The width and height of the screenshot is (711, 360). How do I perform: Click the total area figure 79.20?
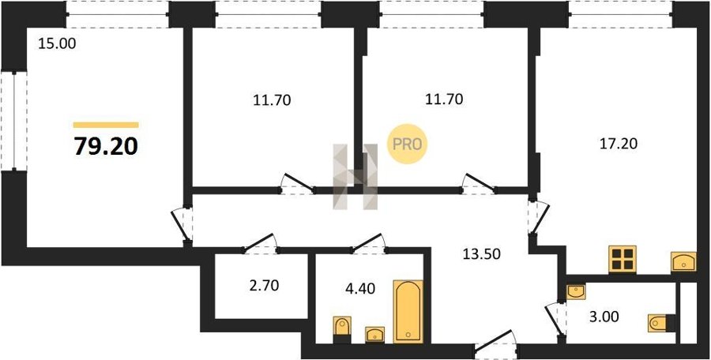(106, 147)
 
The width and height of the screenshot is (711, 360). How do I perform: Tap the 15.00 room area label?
(57, 44)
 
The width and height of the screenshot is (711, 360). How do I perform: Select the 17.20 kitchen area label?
(619, 144)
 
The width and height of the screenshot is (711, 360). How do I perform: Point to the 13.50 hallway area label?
(482, 254)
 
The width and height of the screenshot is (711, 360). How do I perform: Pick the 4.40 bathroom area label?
(360, 288)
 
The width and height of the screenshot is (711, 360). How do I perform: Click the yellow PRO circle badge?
(407, 144)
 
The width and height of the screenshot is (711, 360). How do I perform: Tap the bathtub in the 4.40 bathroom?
(408, 312)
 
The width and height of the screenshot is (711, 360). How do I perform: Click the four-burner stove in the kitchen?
(623, 260)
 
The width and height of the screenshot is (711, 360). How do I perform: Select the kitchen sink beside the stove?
(683, 262)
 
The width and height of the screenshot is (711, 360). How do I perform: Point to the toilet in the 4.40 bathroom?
(342, 330)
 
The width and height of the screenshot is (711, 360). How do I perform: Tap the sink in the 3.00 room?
(576, 292)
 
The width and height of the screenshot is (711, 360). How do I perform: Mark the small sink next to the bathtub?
(375, 335)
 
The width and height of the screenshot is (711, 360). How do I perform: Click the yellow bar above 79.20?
(106, 126)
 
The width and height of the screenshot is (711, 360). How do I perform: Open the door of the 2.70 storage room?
(260, 243)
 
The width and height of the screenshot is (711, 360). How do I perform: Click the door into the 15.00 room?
(182, 225)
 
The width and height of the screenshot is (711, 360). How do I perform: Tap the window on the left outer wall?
(13, 121)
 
